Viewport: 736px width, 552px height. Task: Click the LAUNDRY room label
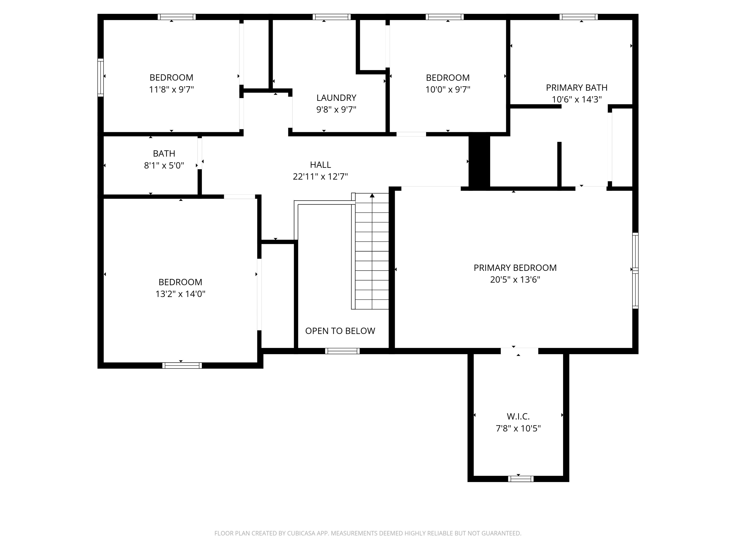(336, 98)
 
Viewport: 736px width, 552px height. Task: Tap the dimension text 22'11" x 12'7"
(320, 177)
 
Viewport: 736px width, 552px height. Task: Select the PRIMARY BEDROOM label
(515, 268)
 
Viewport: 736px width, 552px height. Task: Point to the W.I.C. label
(518, 417)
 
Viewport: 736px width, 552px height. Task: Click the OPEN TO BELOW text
(340, 331)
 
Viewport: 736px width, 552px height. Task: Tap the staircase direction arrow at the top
(372, 196)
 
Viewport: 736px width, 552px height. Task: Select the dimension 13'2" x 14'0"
(180, 294)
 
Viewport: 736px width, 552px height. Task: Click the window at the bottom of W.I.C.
(520, 479)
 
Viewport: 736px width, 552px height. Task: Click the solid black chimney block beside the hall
(479, 161)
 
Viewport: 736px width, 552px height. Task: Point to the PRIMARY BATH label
(576, 88)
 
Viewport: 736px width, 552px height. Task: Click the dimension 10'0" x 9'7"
(447, 90)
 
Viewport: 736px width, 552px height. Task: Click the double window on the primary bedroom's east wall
(635, 271)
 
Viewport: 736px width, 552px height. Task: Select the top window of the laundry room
(331, 17)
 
